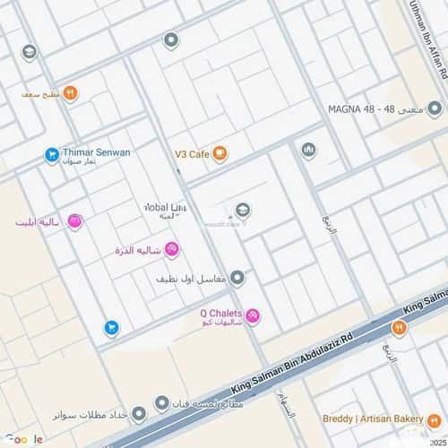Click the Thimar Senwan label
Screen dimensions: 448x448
click(x=96, y=152)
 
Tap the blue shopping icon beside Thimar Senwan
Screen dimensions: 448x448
click(x=52, y=155)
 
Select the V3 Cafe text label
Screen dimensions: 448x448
click(x=192, y=154)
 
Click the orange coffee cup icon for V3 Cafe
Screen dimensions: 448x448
click(x=220, y=154)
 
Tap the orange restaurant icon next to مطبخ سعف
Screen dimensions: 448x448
click(x=71, y=93)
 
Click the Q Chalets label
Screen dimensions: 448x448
click(x=221, y=314)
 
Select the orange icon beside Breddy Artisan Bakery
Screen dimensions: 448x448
click(x=400, y=329)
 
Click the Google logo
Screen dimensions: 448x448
click(x=24, y=438)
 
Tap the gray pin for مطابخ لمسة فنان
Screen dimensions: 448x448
click(x=161, y=402)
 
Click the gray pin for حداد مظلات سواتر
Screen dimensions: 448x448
click(x=139, y=415)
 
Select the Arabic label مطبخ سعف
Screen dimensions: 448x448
click(x=40, y=93)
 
